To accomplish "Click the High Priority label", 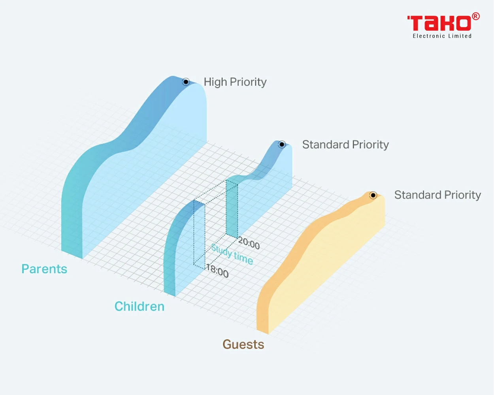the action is [235, 82].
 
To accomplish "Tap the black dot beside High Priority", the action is [186, 82].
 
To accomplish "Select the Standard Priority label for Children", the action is [345, 145].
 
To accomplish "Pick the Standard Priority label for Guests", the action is [437, 195].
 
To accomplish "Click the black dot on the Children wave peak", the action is [282, 144].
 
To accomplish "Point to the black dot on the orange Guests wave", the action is [373, 195].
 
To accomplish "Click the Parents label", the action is [44, 269].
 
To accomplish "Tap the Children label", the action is [140, 306].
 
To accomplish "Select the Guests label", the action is [243, 344].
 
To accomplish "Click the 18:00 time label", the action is [217, 271].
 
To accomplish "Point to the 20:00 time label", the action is [249, 243].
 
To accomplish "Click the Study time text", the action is [232, 254].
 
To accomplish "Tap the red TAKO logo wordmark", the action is [439, 23].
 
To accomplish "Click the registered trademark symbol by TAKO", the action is [476, 16].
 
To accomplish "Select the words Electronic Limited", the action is [442, 36].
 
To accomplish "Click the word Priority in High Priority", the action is [248, 82].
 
